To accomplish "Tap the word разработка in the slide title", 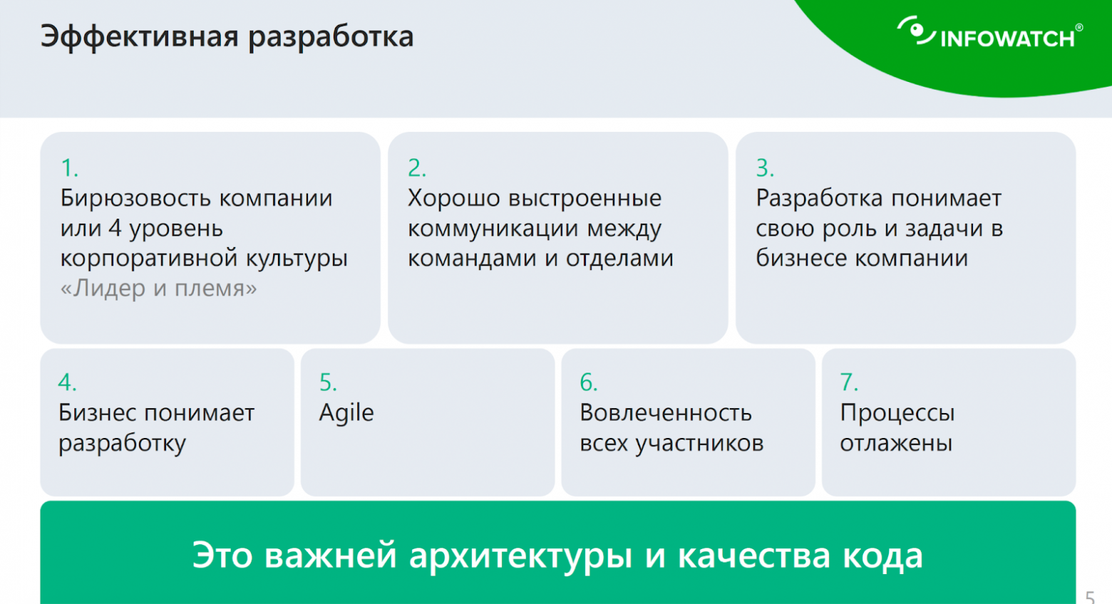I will [x=331, y=37].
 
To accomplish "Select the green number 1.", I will [x=68, y=168].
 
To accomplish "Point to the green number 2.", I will [x=416, y=168].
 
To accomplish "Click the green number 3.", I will [x=764, y=168].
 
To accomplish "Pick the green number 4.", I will [x=66, y=382].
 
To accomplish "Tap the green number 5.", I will [x=327, y=382].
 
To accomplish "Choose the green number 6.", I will [x=588, y=382].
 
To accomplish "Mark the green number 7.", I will [x=848, y=382].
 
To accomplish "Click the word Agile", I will [x=346, y=413].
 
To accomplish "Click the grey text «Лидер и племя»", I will [x=158, y=288].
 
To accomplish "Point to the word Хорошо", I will [x=453, y=198].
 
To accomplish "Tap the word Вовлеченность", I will [x=666, y=413].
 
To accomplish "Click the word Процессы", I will [x=897, y=413].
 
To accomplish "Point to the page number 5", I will [x=1090, y=596].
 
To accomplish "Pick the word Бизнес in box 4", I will [x=97, y=413].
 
